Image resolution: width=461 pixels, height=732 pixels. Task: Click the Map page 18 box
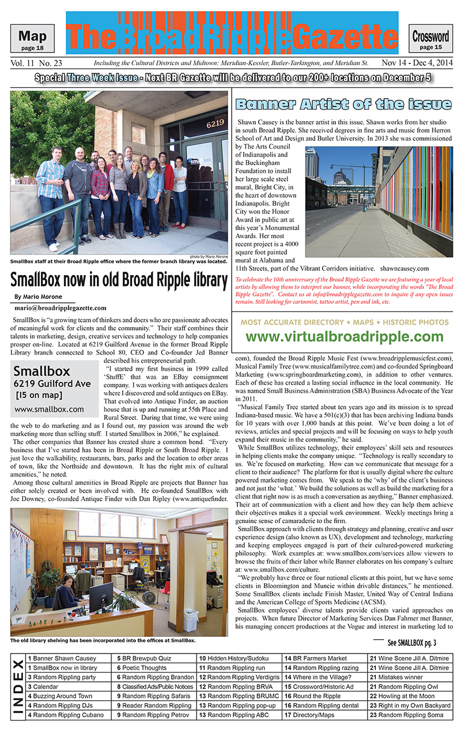[x=32, y=38]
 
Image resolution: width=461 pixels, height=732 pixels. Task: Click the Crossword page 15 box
[x=430, y=39]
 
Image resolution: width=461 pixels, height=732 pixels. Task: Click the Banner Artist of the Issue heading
[x=343, y=104]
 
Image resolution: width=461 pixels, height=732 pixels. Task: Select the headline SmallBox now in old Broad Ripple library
[x=119, y=280]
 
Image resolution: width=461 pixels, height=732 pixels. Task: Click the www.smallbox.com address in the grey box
[x=49, y=410]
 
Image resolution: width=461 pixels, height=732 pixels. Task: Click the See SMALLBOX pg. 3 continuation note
[x=411, y=642]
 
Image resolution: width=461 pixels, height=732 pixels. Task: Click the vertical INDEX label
[x=18, y=686]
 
